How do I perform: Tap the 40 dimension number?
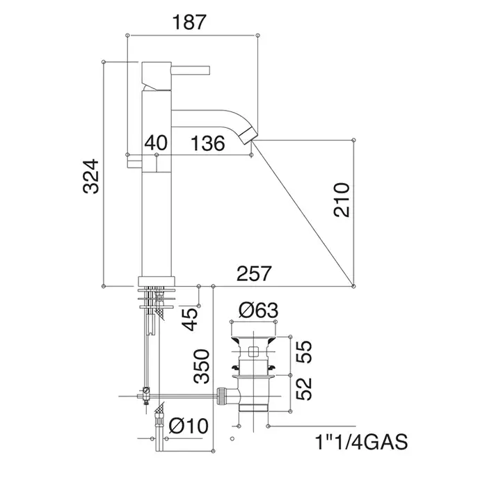157,143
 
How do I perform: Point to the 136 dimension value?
208,143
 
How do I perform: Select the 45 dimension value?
190,319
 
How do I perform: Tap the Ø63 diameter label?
258,309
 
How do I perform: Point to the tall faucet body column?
156,209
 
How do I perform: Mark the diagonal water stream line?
299,209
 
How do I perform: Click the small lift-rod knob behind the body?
134,161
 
